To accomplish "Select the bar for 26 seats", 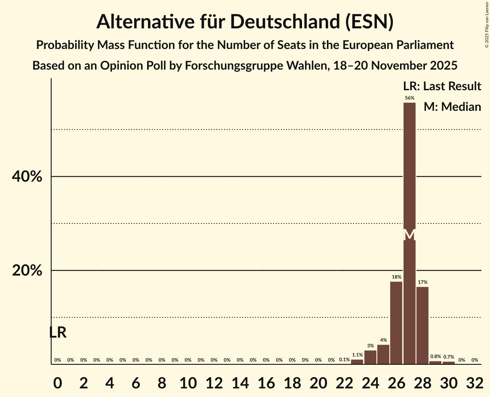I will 396,323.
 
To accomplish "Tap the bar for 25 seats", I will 383,354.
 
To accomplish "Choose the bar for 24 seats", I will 370,357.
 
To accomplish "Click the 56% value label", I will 410,98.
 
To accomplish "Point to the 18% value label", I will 396,277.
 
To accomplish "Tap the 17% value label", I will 422,282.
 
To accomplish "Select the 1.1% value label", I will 357,355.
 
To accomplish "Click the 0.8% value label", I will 435,357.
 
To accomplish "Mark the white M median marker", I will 410,235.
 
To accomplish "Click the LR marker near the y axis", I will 58,333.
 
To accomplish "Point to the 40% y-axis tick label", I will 27,177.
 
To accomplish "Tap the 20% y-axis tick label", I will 27,271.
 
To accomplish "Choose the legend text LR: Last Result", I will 442,86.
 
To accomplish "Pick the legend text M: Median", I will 452,107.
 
